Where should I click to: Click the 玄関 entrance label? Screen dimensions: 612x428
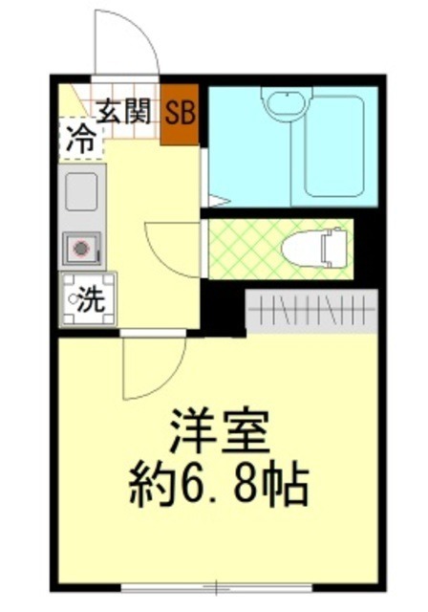click(x=123, y=111)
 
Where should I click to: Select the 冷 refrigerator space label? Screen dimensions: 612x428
click(x=80, y=139)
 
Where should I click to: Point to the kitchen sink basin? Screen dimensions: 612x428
click(x=82, y=191)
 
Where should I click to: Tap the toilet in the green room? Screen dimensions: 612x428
click(x=315, y=249)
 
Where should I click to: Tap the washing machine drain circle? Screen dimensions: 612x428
click(x=74, y=299)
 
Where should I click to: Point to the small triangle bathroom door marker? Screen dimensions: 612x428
click(x=214, y=201)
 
